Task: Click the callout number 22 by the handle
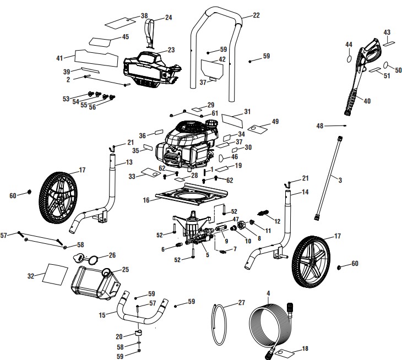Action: click(256, 16)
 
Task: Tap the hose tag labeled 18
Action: click(284, 351)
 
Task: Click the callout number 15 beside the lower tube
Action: click(101, 315)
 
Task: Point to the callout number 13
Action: click(129, 162)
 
